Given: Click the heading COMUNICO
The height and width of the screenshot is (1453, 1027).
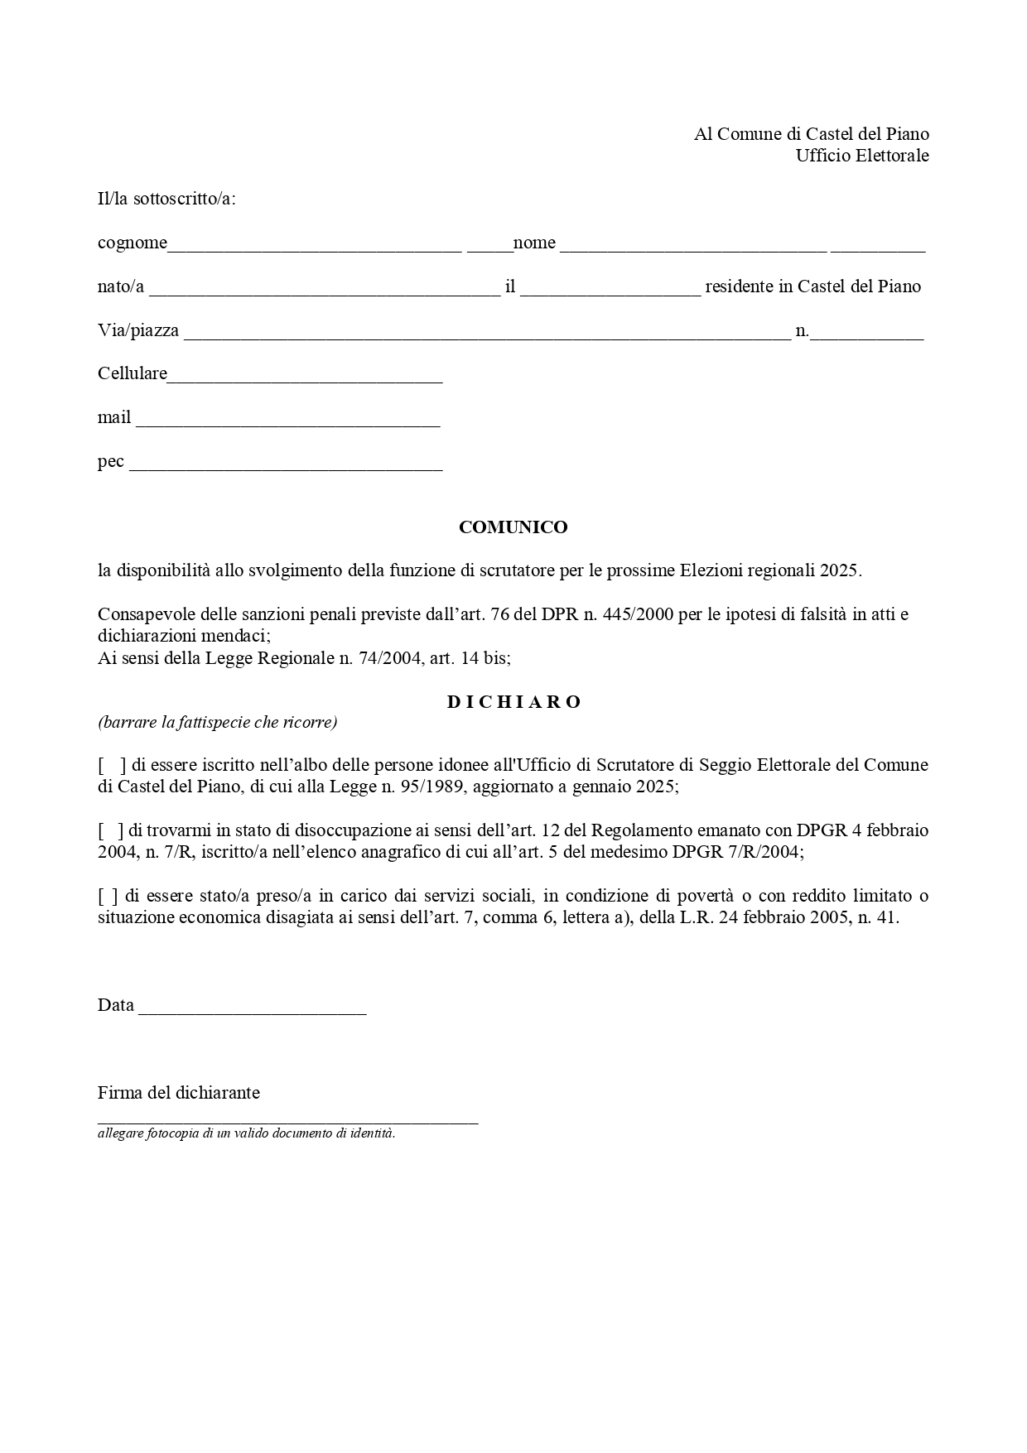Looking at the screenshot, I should tap(513, 527).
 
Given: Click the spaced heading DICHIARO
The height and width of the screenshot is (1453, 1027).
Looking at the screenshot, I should tap(513, 702).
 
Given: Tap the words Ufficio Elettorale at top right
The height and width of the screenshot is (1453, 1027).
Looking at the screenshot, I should tap(861, 156).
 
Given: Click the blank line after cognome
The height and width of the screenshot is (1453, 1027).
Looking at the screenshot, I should tap(315, 245).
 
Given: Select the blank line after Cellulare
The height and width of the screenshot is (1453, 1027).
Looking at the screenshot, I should tap(305, 376).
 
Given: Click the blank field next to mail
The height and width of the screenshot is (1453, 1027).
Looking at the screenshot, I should tap(287, 420).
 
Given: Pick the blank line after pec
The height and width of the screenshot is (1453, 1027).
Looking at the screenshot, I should tap(286, 464).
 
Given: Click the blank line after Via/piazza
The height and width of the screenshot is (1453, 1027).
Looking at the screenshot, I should tap(487, 333).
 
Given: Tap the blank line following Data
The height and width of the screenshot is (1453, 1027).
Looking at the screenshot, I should tap(253, 1008).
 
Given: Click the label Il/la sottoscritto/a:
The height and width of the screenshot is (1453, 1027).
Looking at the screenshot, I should tap(166, 199).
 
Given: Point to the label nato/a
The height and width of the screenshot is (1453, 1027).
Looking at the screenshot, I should tap(121, 286).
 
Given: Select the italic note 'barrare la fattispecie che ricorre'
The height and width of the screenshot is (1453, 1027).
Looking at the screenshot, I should tap(217, 722).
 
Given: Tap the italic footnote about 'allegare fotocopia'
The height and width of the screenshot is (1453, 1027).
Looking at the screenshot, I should tap(246, 1133).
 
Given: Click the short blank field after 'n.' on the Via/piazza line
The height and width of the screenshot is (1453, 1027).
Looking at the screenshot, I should tap(867, 333).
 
